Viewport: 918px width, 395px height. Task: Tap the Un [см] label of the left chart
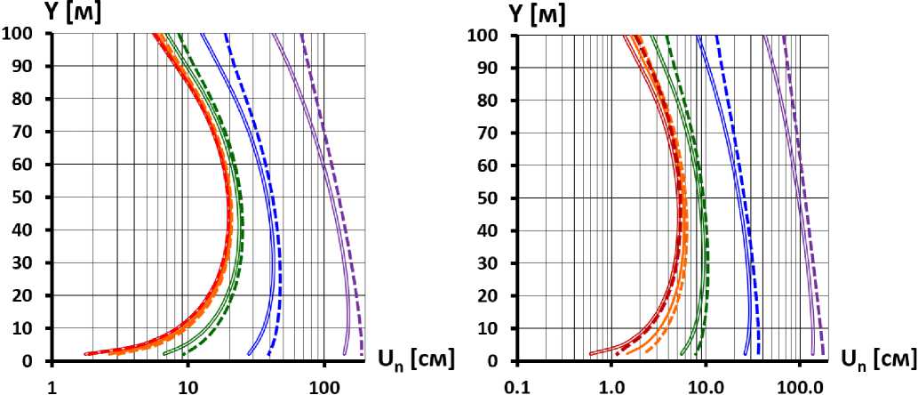point(418,359)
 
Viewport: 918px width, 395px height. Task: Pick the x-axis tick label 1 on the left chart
point(52,383)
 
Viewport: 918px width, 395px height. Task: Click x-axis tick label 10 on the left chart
point(188,383)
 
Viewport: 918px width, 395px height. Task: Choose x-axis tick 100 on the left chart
point(323,383)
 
